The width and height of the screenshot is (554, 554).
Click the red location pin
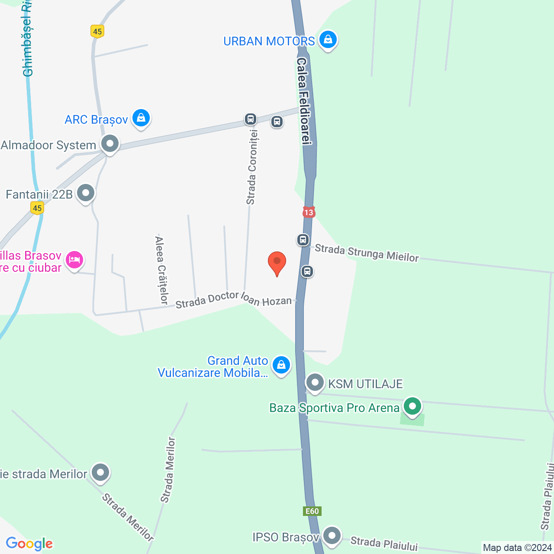[277, 262]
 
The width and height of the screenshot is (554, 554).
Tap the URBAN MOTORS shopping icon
[328, 40]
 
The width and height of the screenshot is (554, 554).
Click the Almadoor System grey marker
[110, 144]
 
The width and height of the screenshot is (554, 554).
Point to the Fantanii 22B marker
[86, 193]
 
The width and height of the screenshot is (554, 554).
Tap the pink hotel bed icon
[74, 260]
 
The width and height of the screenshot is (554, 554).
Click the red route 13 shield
[308, 212]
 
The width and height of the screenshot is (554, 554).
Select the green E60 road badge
[312, 511]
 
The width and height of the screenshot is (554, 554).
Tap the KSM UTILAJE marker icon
[315, 383]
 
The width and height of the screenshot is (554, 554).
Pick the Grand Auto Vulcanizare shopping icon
[281, 365]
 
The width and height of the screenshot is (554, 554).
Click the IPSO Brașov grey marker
[332, 536]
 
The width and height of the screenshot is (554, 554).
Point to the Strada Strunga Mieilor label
[367, 253]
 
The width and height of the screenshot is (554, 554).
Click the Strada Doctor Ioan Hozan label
[234, 300]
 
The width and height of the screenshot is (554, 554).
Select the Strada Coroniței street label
[251, 167]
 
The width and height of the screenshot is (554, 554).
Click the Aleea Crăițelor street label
[161, 270]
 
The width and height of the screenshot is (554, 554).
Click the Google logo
[29, 544]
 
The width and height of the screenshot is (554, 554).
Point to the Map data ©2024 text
[517, 548]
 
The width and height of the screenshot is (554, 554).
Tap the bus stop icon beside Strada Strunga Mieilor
[303, 239]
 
